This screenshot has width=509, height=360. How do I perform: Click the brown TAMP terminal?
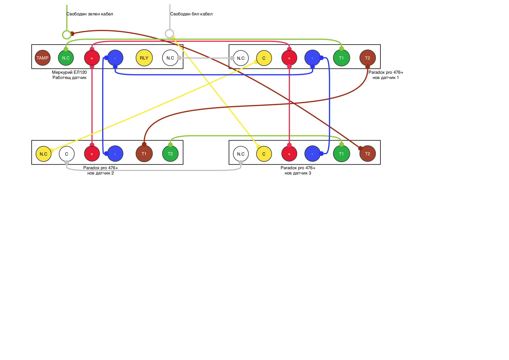point(42,58)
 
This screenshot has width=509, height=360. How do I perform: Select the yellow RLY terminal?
point(144,58)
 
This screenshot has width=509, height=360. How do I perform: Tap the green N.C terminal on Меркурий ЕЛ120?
point(66,58)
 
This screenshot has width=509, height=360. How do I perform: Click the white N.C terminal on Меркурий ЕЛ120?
point(170,58)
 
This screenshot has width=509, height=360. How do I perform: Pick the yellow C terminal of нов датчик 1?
point(264,58)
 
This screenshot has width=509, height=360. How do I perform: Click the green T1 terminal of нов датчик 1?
point(341,58)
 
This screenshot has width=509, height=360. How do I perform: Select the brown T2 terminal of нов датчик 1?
point(367,58)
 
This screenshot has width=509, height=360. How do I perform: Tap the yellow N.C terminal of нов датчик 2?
point(44,154)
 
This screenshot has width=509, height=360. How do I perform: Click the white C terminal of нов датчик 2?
point(66,154)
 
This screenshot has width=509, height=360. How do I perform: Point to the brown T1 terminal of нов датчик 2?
point(144,154)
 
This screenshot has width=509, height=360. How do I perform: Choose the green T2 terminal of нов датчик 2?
point(170,154)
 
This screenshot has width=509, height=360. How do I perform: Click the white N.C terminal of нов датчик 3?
point(241,154)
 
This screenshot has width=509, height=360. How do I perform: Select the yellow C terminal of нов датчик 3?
point(264,154)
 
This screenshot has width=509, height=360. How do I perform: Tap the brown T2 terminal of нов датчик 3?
point(367,154)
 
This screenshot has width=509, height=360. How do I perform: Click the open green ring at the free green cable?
point(67,35)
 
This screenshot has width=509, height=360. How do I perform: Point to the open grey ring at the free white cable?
point(169,34)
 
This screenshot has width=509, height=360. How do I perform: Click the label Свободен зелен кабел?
point(90,14)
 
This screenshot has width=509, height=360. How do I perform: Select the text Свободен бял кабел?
point(191,14)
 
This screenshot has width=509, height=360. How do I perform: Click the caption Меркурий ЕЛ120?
point(69,72)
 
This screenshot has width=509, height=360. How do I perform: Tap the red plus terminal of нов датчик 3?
point(289,154)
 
